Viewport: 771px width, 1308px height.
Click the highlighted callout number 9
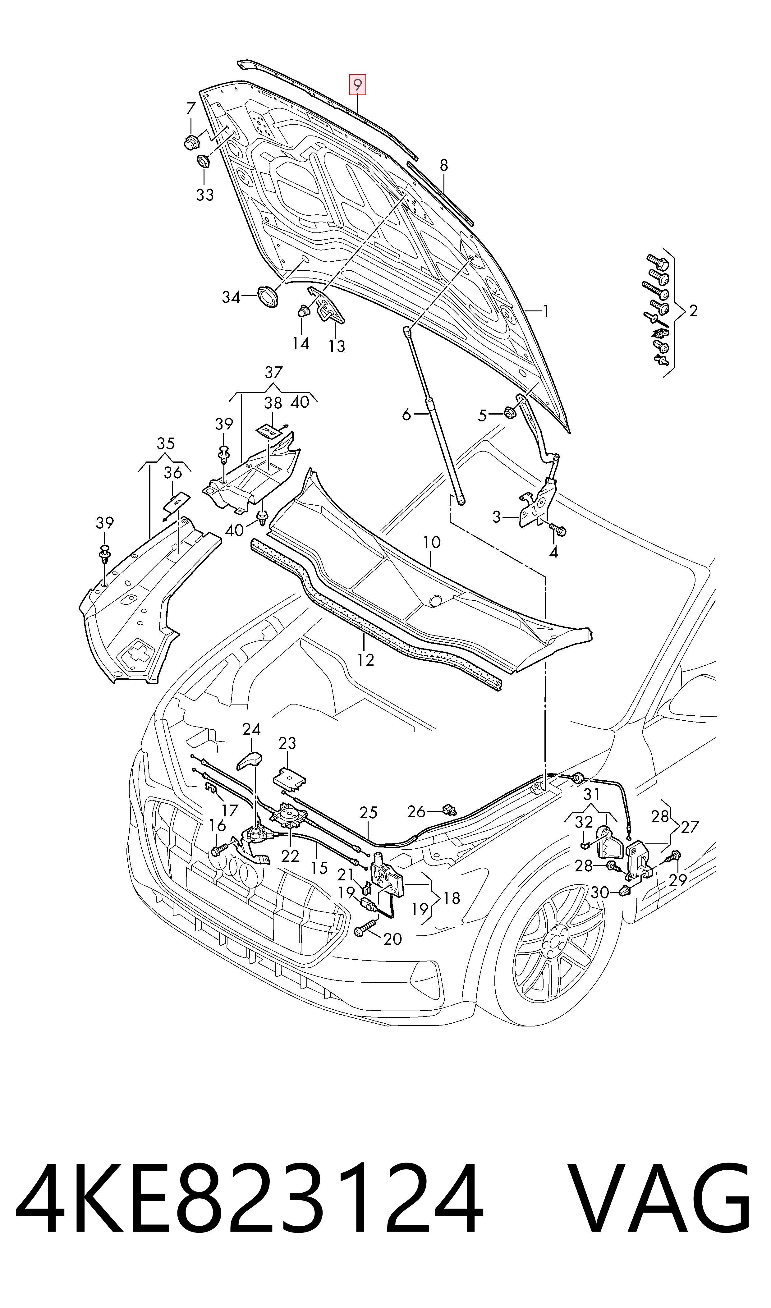tap(357, 84)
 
